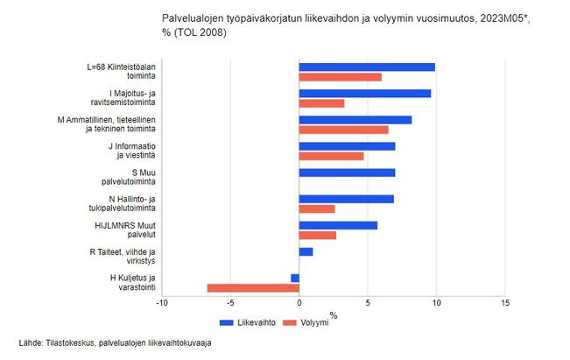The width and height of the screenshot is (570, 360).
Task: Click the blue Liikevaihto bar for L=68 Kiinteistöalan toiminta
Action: click(367, 67)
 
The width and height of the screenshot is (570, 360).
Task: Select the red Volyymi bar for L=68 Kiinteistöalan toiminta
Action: click(340, 77)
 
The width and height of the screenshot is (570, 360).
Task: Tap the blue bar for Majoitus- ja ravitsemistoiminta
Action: click(364, 94)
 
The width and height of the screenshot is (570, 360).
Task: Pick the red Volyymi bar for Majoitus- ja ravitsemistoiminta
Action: click(321, 103)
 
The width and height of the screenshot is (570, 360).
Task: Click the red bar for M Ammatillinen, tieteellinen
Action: click(343, 130)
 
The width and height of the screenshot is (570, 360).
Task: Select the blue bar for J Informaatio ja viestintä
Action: click(347, 146)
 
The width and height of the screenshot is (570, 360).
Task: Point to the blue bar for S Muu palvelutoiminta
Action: click(347, 173)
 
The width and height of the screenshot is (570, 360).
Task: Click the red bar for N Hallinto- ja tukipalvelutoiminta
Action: click(316, 208)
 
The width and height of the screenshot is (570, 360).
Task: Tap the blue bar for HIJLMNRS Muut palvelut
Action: click(338, 225)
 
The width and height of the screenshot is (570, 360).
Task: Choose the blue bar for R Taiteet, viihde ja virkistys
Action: click(306, 251)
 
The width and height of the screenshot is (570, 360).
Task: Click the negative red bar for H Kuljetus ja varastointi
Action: click(253, 287)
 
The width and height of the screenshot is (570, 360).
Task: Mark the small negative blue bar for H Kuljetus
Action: click(295, 278)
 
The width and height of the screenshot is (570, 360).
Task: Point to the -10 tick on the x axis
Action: click(161, 303)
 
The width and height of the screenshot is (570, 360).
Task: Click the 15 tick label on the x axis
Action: click(505, 303)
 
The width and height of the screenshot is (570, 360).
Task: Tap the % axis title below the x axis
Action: click(333, 314)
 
